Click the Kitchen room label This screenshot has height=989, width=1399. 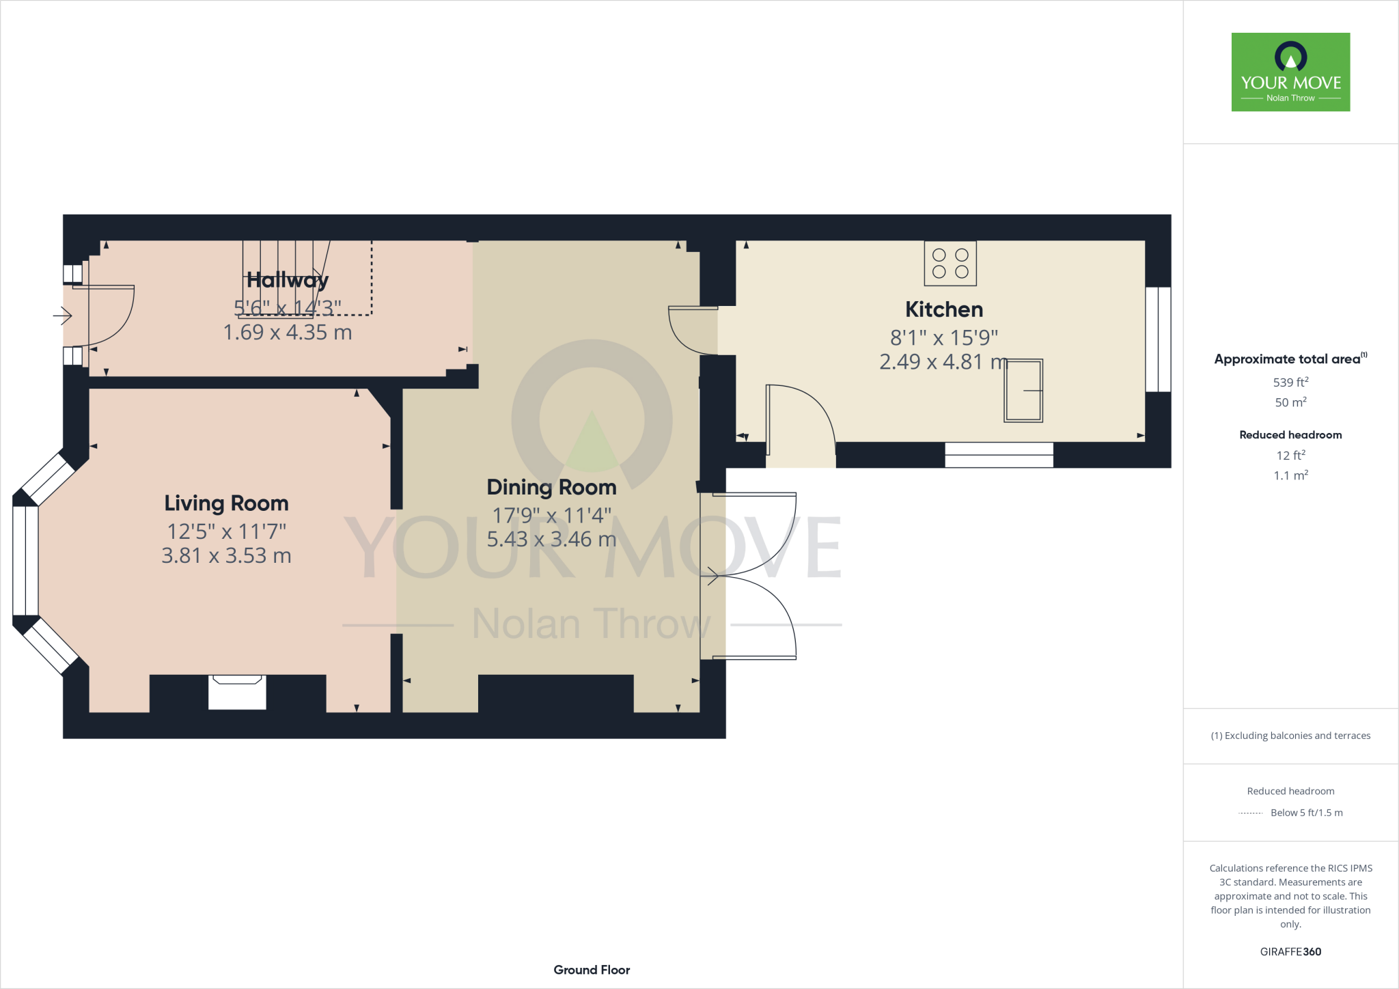click(944, 309)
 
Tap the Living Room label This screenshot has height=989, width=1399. click(226, 503)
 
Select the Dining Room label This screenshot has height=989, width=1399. click(551, 487)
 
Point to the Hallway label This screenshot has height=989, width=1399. click(288, 280)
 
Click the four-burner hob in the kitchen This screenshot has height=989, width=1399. click(950, 263)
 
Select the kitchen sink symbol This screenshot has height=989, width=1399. click(1023, 390)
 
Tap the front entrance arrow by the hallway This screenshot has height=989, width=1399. click(63, 316)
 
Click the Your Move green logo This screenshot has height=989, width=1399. click(1290, 72)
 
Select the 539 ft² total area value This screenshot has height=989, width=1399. click(1290, 382)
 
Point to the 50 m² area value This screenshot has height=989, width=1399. click(1290, 402)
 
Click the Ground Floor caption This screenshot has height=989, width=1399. click(592, 970)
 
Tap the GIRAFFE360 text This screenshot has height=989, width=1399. click(1290, 951)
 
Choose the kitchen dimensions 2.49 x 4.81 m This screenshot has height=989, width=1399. click(943, 362)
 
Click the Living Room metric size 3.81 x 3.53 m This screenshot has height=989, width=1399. click(226, 556)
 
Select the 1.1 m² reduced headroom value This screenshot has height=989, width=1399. click(1290, 475)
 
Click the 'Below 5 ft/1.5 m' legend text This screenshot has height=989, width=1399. click(1306, 813)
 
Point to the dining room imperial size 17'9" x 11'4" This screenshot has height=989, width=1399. click(551, 515)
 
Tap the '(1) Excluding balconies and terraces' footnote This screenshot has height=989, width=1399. click(1290, 736)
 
